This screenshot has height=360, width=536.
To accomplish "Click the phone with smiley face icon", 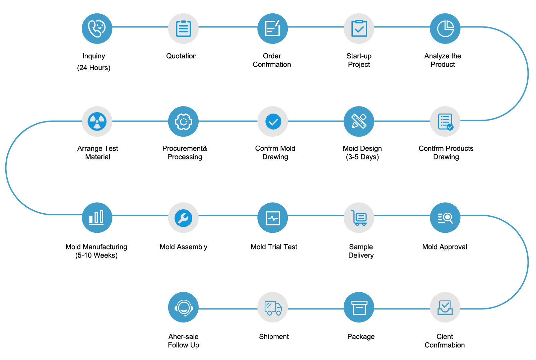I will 97,28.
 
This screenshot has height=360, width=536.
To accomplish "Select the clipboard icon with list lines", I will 183,28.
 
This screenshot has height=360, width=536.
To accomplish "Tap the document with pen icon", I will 272,28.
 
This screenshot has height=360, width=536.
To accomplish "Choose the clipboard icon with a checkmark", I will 359,28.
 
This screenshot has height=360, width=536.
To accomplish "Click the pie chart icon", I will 445,28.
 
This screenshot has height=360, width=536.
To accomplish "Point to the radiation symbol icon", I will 97,121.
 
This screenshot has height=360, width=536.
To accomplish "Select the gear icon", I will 183,122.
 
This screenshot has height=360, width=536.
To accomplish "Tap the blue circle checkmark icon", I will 273,122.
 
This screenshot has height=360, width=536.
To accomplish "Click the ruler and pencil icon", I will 359,121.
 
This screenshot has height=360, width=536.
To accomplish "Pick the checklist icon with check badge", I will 445,122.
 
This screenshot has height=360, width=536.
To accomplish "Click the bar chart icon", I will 96,217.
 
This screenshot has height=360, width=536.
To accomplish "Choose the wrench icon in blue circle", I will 183,218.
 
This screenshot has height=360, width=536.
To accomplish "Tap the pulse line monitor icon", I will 273,218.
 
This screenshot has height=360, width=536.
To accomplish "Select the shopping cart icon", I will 359,218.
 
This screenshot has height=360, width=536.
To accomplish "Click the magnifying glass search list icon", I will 445,218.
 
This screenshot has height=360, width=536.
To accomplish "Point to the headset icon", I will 184,307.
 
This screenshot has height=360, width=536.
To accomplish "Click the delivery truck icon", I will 273,308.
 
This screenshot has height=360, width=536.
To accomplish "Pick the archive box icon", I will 359,307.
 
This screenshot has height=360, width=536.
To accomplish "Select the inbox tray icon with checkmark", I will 445,307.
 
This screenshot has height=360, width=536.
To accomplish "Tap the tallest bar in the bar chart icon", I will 102,217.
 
